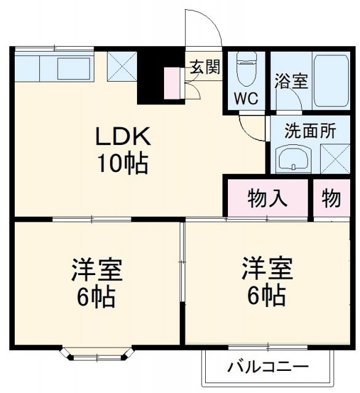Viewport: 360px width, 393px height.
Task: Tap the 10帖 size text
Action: (121, 163)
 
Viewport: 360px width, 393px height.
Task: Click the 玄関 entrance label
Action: (204, 68)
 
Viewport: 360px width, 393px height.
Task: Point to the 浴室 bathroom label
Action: (291, 81)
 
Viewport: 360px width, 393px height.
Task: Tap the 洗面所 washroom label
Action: (310, 131)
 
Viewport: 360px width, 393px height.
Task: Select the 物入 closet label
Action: (267, 198)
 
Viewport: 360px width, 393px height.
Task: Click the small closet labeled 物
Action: (331, 198)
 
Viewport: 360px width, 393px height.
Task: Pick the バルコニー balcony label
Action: (268, 368)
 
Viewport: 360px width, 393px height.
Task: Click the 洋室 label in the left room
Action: (96, 270)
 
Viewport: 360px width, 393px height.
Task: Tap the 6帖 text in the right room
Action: (266, 296)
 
